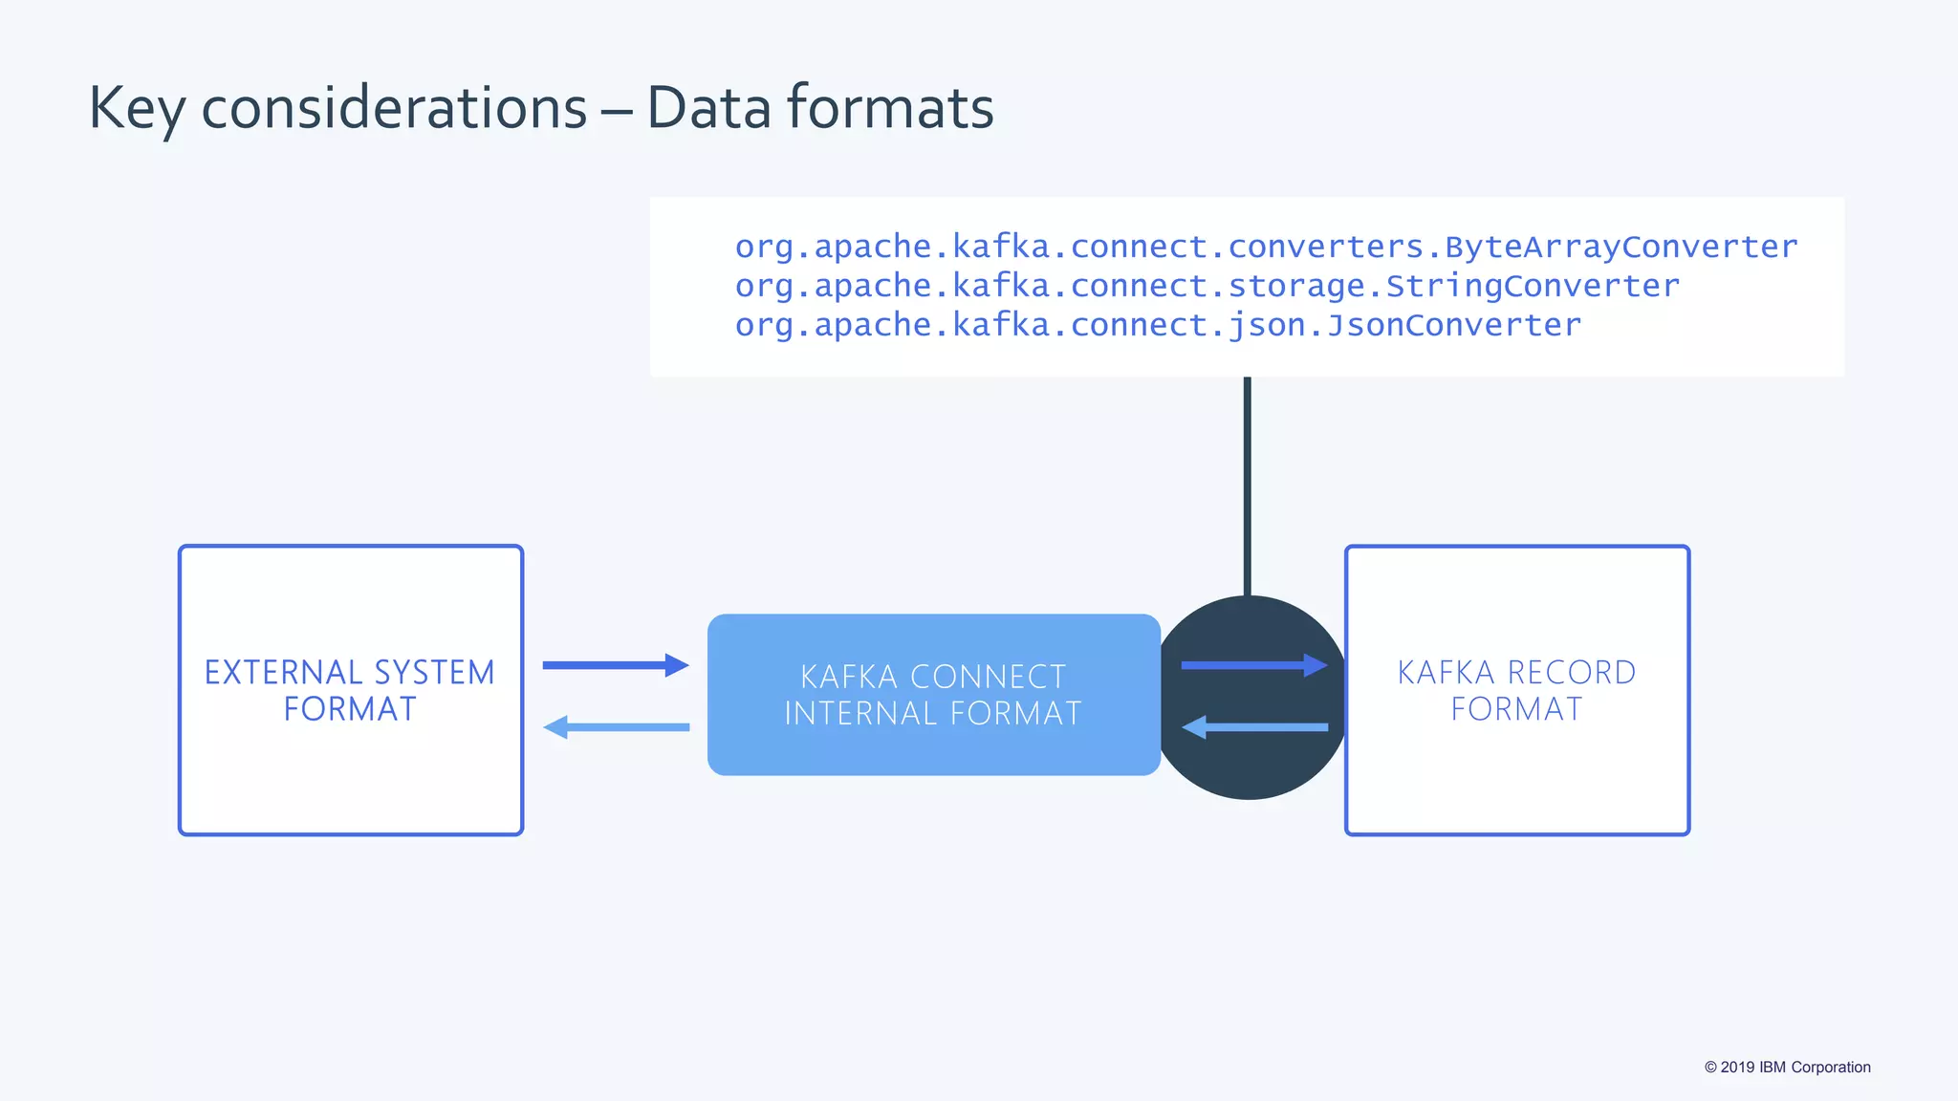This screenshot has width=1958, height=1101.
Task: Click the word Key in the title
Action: click(x=137, y=108)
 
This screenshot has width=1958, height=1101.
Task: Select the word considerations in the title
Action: click(x=393, y=108)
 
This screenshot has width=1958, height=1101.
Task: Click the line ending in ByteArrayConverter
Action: click(x=1265, y=247)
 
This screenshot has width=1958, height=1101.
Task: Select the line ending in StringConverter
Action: click(x=1207, y=286)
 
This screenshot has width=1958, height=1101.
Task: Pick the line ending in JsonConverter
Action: click(x=1157, y=325)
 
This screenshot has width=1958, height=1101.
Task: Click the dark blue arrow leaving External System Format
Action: click(x=615, y=665)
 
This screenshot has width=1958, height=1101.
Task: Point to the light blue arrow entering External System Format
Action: click(x=615, y=727)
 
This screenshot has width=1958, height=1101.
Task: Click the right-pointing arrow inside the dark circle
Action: click(x=1253, y=665)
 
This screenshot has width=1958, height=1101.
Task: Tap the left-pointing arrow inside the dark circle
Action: click(x=1253, y=727)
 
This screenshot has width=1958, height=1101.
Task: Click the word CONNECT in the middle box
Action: click(x=988, y=677)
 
